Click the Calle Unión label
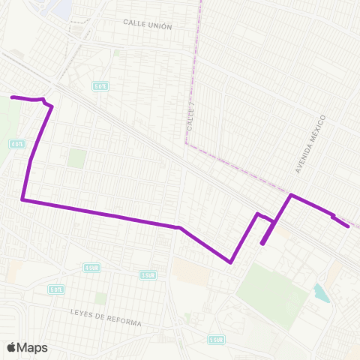(x=148, y=26)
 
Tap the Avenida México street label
(x=311, y=145)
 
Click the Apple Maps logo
(x=27, y=347)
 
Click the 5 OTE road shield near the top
(x=100, y=87)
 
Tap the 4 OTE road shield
(x=16, y=143)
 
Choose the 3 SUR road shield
(x=148, y=274)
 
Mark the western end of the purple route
(x=11, y=97)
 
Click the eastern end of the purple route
(x=348, y=225)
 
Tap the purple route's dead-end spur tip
(x=262, y=243)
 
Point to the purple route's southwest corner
(x=23, y=200)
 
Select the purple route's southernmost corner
(x=230, y=262)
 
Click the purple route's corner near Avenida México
(x=291, y=196)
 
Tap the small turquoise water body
(x=322, y=292)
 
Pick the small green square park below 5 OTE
(x=76, y=158)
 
